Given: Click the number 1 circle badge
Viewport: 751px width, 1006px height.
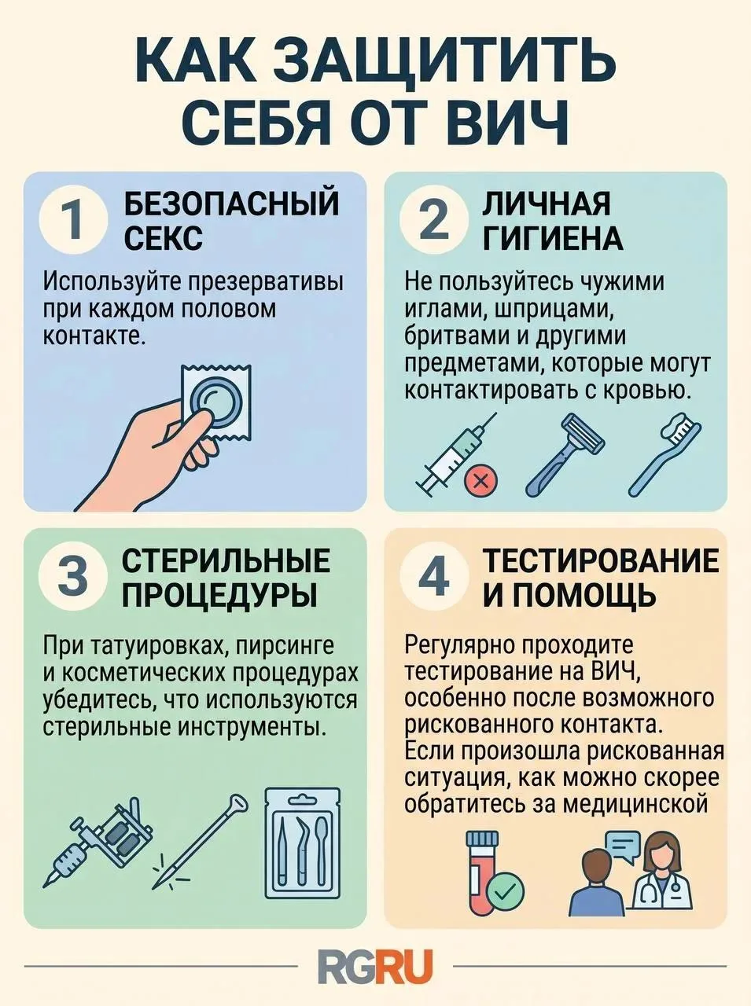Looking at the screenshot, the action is point(74,222).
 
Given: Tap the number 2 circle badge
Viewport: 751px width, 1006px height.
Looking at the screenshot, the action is point(435,222).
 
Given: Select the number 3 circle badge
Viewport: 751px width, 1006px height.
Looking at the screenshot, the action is point(74,578).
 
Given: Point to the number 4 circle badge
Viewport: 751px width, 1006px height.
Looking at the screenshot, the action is point(435,578).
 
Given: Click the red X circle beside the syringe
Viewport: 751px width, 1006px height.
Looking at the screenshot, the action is point(480,481).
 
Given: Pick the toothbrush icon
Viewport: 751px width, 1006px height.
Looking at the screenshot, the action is point(664,453).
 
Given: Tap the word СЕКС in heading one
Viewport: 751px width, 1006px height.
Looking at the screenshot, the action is point(164,238).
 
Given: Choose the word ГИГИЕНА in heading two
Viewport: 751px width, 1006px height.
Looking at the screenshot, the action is point(554,238).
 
